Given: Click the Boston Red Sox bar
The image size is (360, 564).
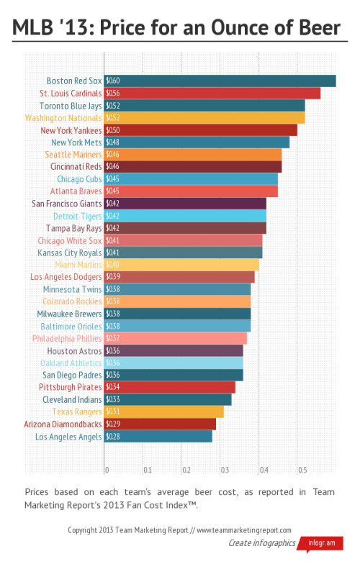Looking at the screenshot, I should coord(220,81).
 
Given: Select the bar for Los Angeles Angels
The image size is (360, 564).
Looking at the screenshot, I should coord(158,436).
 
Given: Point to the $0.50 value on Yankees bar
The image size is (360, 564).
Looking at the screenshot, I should coord(113,130).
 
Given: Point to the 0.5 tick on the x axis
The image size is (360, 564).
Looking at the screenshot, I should coord(303,470).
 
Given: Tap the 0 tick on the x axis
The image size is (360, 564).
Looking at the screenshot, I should coord(107,470).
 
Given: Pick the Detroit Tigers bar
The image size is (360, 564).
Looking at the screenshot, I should coord(185,216).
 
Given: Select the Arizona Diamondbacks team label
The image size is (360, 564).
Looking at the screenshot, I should coord(63,424).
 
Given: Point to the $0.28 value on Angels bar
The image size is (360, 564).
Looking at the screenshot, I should coord(113,437).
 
